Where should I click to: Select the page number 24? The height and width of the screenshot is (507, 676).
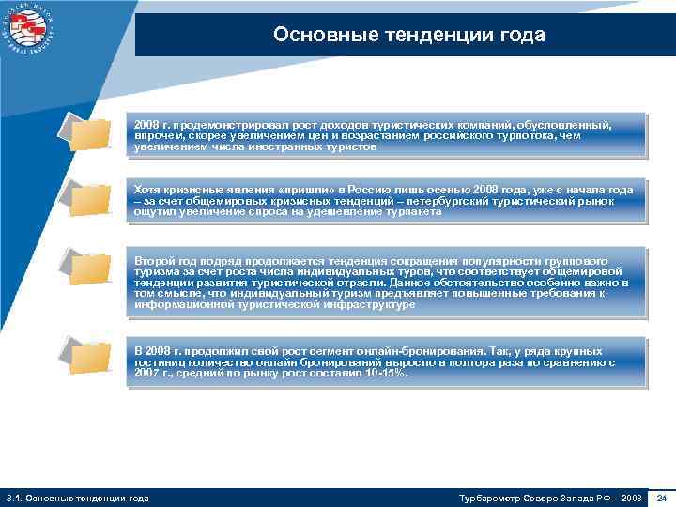coord(661,497)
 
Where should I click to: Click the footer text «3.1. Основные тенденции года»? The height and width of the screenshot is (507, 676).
coord(77,497)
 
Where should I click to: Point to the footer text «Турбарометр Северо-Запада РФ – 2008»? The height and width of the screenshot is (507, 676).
coord(549,497)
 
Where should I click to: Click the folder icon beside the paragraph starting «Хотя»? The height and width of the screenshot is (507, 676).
coord(89,199)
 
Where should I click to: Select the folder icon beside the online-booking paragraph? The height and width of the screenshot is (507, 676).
coord(89,357)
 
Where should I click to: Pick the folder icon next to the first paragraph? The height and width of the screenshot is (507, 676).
coord(89,134)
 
